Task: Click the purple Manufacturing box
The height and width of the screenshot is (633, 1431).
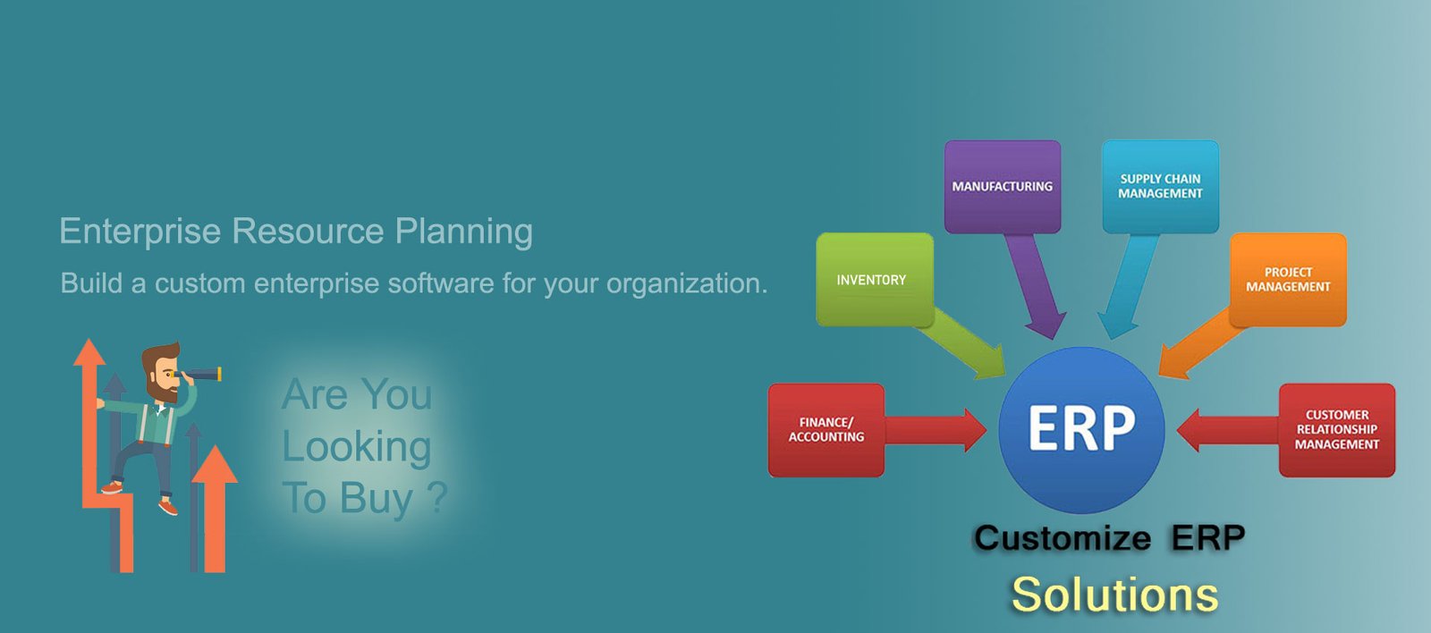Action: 1003,187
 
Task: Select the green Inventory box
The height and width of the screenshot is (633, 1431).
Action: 875,280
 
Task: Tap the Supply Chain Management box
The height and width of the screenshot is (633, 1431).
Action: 1160,187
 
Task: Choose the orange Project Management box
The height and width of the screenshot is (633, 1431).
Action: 1288,280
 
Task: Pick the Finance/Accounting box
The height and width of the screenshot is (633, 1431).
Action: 826,430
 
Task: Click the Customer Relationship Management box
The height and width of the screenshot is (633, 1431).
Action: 1337,430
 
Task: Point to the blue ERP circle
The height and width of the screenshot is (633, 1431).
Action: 1081,430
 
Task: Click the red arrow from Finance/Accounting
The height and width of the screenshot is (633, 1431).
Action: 936,430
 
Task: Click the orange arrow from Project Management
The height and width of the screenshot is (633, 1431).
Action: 1196,345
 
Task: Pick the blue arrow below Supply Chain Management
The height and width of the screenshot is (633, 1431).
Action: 1128,285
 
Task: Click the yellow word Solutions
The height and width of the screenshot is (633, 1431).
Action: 1114,595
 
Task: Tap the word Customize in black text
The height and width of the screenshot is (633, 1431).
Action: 1062,537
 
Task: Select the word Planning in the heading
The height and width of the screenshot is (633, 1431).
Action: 464,232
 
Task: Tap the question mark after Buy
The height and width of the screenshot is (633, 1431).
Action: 437,497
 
